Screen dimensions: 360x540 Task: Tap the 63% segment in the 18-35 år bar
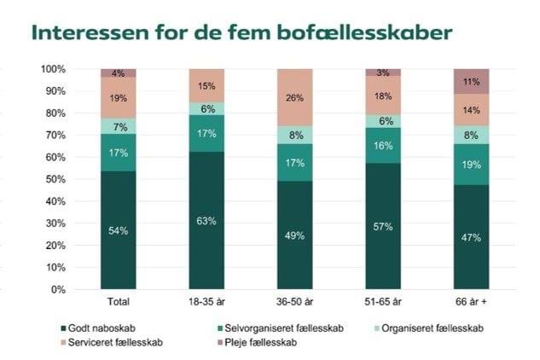click(206, 221)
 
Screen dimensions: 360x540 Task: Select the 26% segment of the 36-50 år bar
click(295, 97)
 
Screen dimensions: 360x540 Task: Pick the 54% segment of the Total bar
click(118, 230)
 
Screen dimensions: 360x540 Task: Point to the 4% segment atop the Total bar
click(118, 73)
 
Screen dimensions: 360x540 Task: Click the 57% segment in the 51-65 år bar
click(383, 227)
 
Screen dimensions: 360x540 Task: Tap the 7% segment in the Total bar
click(118, 126)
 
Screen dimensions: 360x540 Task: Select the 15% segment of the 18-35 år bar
click(206, 85)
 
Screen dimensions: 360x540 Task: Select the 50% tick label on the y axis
click(55, 179)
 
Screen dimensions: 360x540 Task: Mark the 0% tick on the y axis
click(58, 290)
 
